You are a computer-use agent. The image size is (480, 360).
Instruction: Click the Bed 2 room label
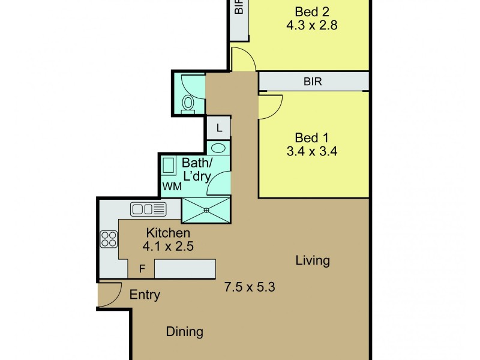point(312,12)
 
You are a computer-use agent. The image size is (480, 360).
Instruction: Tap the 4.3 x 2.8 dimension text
point(312,25)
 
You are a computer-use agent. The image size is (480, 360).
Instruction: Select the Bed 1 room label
point(311,138)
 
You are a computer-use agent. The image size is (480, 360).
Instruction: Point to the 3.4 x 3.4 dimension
point(312,151)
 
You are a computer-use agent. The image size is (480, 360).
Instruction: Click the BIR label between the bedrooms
point(313,82)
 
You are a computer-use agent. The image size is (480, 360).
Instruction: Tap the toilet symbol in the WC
point(188,103)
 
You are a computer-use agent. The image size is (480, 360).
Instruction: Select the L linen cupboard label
point(219,128)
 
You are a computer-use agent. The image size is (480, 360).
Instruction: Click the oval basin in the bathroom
point(218,148)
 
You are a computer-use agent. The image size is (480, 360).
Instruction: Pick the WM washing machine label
point(172,186)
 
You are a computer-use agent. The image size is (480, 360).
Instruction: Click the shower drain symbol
point(206,210)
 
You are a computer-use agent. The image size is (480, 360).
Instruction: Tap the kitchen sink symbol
point(148,209)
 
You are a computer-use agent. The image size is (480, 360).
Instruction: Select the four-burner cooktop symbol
point(109,239)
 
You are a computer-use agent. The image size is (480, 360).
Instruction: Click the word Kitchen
point(168,233)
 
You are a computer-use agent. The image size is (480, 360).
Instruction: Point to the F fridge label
point(142,269)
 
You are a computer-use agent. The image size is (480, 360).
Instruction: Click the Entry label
point(145,295)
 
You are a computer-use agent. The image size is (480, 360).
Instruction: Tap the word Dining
point(185,332)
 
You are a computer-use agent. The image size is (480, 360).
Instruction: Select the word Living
point(313,260)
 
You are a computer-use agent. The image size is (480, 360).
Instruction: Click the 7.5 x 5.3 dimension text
point(250,287)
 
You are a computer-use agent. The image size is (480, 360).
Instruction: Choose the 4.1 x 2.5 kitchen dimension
point(168,246)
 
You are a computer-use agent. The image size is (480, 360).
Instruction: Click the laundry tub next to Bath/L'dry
point(169,166)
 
